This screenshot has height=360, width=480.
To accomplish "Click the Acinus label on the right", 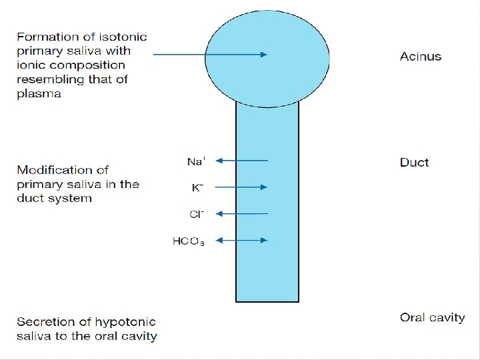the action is point(420,57).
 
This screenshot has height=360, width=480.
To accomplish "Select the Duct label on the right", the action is point(414,163).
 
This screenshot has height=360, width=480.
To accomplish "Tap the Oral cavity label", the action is point(432,317).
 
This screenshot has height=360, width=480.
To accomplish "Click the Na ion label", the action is point(196,161).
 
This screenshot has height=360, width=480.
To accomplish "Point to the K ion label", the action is point(197,188).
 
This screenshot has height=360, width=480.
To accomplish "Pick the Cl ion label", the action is point(196,214).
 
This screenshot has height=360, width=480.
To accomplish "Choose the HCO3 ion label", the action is point(189,241).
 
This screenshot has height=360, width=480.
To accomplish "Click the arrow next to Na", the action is point(242,161).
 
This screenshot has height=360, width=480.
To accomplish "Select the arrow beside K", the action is point(242,187).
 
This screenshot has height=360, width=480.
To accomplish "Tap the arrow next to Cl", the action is point(242,214).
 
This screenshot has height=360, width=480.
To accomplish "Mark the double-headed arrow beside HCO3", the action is point(242,240).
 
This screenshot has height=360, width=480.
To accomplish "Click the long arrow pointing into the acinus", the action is point(210,55).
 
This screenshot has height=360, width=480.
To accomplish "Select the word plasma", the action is point(39,94).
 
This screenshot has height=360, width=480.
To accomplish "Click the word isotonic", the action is point(124,36).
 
